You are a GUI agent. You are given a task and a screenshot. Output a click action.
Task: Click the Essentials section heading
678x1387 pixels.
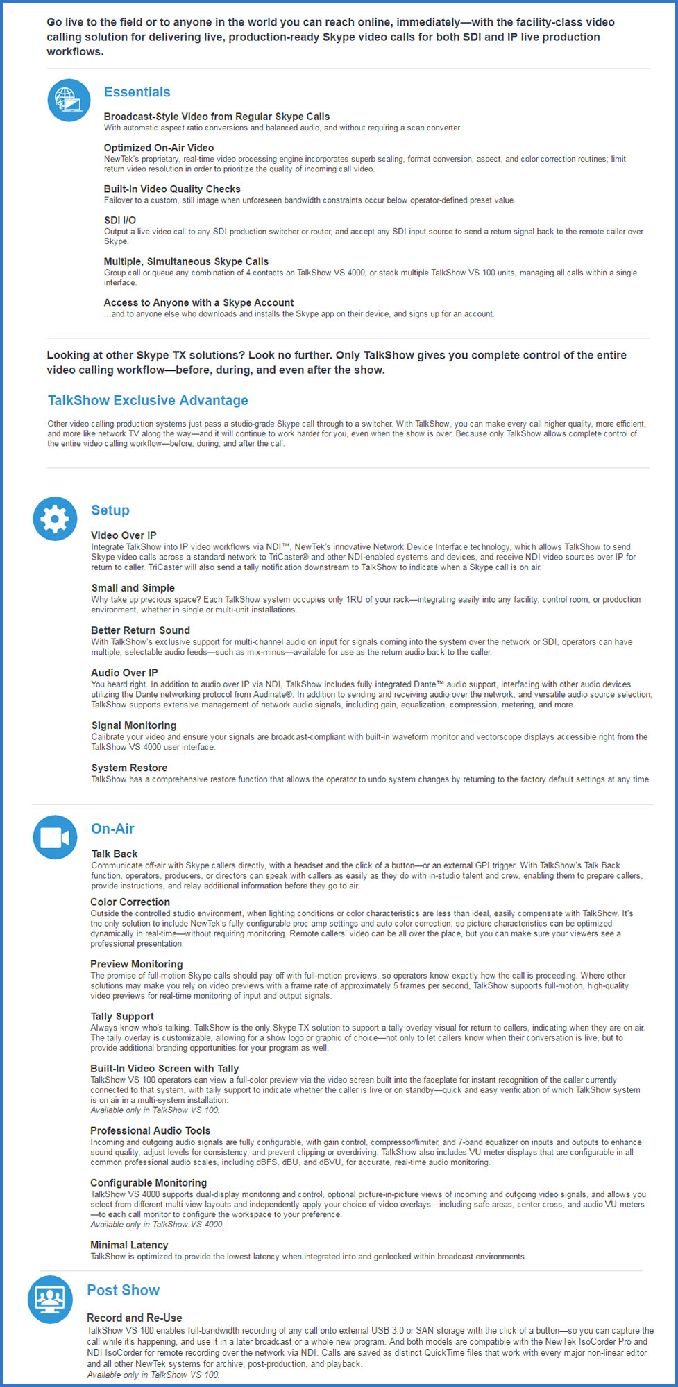pyautogui.click(x=137, y=92)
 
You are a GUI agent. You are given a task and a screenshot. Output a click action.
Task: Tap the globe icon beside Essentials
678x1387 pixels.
pyautogui.click(x=69, y=100)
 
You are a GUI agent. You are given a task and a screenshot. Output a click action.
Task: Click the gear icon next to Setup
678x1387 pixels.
pyautogui.click(x=55, y=519)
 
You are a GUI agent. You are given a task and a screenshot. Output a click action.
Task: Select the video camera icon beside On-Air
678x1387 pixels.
pyautogui.click(x=55, y=837)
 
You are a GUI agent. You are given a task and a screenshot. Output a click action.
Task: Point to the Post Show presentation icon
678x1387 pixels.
pyautogui.click(x=50, y=1299)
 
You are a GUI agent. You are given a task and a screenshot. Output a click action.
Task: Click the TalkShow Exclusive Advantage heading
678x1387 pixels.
pyautogui.click(x=148, y=400)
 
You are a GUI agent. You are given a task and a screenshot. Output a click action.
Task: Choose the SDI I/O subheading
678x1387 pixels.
pyautogui.click(x=119, y=221)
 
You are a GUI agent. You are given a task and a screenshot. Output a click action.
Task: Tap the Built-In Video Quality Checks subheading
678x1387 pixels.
pyautogui.click(x=172, y=189)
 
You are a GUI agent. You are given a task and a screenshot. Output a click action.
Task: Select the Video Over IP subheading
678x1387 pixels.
pyautogui.click(x=124, y=535)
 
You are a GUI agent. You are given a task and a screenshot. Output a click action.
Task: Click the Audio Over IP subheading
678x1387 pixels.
pyautogui.click(x=124, y=673)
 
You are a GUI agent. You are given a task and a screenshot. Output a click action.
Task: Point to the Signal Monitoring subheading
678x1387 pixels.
pyautogui.click(x=134, y=725)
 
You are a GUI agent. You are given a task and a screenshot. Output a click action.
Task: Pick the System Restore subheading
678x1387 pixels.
pyautogui.click(x=129, y=768)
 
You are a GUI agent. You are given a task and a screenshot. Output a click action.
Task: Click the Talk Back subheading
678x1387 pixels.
pyautogui.click(x=115, y=854)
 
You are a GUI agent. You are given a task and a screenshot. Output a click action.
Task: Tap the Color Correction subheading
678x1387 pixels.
pyautogui.click(x=130, y=902)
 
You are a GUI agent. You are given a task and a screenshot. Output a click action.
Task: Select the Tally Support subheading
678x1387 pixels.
pyautogui.click(x=122, y=1016)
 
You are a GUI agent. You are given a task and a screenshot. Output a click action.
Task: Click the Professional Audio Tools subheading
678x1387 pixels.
pyautogui.click(x=150, y=1130)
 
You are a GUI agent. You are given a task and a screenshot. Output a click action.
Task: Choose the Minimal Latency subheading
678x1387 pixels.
pyautogui.click(x=129, y=1245)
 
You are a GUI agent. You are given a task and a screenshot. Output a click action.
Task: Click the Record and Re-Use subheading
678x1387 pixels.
pyautogui.click(x=135, y=1318)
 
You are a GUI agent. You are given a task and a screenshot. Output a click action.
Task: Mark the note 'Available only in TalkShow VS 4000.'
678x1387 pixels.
pyautogui.click(x=157, y=1224)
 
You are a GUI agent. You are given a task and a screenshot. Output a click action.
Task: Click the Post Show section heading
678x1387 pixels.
pyautogui.click(x=123, y=1290)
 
